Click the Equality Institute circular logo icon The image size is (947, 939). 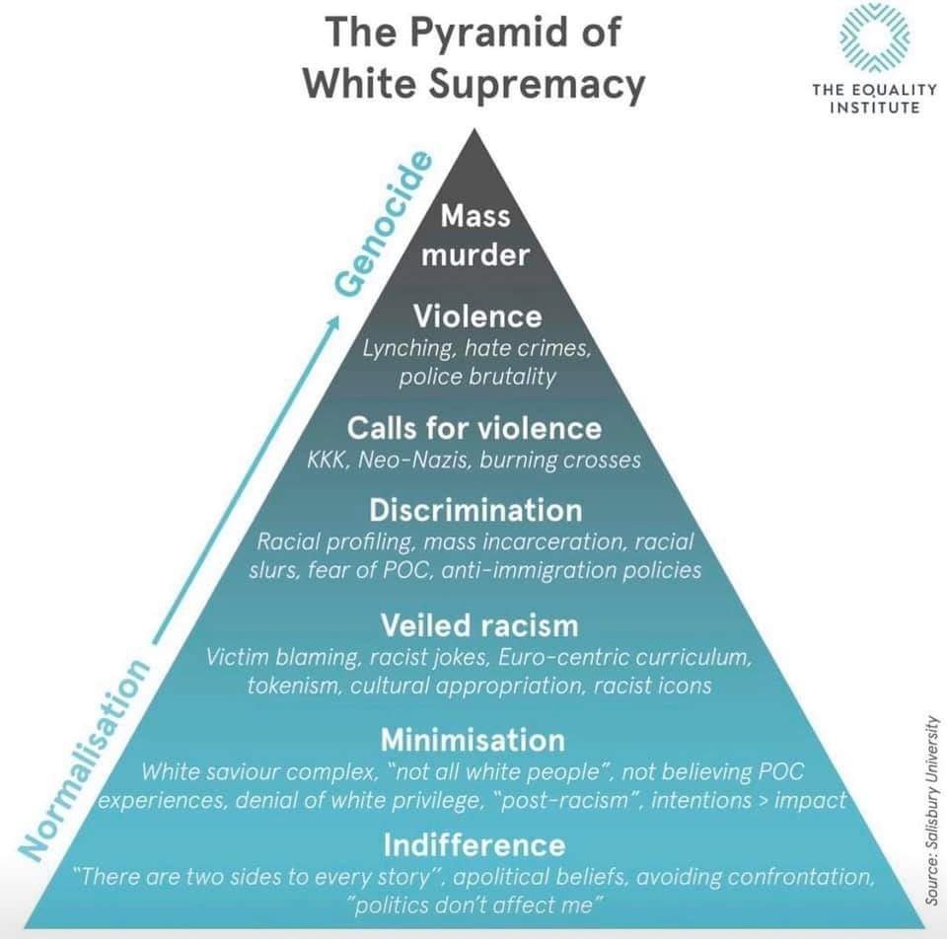pos(874,37)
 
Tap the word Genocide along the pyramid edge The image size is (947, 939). pos(385,224)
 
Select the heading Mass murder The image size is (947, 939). pos(475,235)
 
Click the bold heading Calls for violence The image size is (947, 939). pos(474,428)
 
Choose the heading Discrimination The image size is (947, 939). pos(475,510)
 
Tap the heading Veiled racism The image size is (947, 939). pos(479,625)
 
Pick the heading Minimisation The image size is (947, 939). pos(473,740)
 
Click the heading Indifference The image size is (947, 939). pos(474,844)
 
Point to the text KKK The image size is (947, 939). pos(328,461)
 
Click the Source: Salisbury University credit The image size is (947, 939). pos(933,810)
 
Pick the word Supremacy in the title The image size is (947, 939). pos(537,85)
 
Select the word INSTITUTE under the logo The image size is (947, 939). pos(875,108)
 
